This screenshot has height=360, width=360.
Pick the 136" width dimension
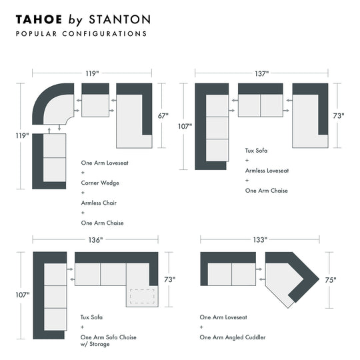(x=95, y=240)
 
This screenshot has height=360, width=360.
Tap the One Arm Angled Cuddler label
(x=233, y=337)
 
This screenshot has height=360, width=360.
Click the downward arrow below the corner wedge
(x=58, y=127)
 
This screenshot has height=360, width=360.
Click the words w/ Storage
(x=95, y=345)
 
